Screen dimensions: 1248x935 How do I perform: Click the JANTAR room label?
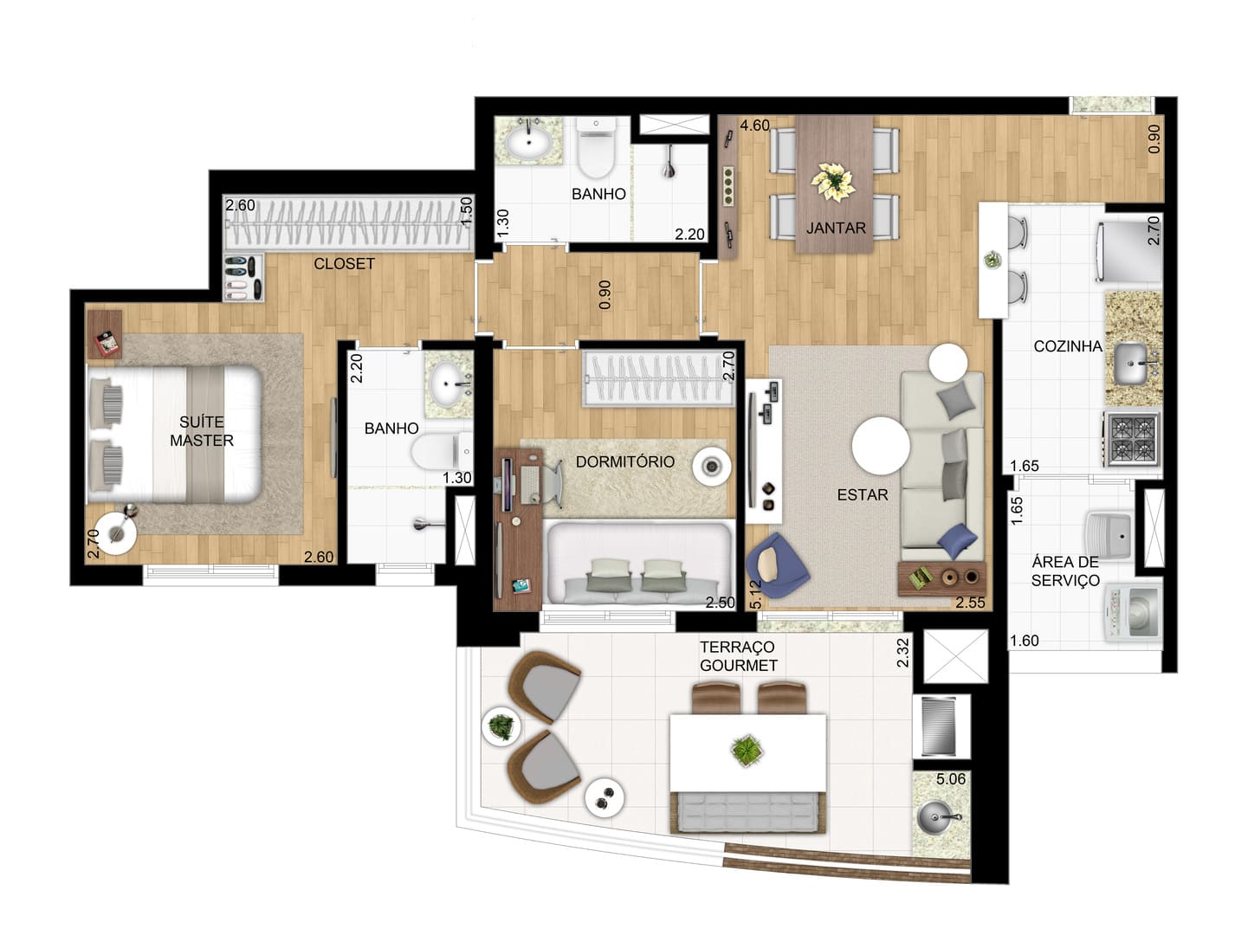coord(835,228)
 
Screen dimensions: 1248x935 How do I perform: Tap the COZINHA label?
coord(1067,346)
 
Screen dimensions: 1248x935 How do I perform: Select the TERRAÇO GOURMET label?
coord(738,656)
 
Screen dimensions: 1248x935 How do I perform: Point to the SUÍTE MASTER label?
coord(201,431)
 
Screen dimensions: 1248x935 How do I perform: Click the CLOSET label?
coord(344,264)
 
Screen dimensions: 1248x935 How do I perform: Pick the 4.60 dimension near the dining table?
coord(754,125)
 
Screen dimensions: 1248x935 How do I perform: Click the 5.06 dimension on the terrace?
coord(951,778)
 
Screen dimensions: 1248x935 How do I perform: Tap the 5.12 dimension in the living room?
coord(755,595)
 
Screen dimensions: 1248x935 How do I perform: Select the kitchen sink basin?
coord(1130,364)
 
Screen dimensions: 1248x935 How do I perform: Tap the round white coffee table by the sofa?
coord(881,446)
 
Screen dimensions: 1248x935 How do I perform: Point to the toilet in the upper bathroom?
coord(596,148)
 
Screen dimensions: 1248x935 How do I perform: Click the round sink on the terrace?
coord(935,817)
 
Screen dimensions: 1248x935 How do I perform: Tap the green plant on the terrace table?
coord(747,751)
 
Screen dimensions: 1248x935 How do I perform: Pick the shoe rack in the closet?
coord(242,278)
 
